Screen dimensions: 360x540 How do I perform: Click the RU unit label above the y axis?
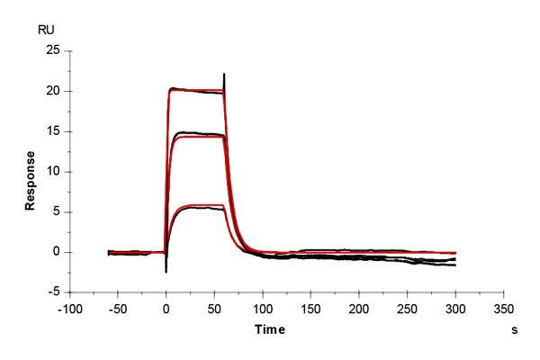click(44, 30)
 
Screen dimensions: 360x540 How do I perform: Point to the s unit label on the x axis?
click(515, 330)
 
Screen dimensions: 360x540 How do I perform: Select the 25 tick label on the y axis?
click(53, 50)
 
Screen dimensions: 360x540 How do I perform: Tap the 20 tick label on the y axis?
click(53, 91)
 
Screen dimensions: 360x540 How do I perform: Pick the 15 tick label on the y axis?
click(53, 131)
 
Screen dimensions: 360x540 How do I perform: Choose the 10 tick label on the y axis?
click(53, 172)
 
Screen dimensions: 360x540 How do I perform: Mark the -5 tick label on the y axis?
click(53, 292)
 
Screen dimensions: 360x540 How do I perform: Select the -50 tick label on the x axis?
click(117, 308)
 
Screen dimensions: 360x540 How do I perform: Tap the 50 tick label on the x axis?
click(214, 308)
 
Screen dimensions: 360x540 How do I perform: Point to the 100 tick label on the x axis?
click(263, 308)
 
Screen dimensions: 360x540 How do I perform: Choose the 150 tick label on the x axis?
click(311, 308)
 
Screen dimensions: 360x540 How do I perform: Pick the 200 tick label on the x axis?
click(359, 308)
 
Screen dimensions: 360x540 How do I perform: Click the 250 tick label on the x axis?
click(408, 308)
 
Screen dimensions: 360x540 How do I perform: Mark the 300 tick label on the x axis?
click(456, 308)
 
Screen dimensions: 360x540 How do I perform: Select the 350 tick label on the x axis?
click(505, 308)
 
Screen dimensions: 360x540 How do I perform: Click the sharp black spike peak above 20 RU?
click(224, 74)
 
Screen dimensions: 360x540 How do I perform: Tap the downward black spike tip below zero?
click(166, 271)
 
